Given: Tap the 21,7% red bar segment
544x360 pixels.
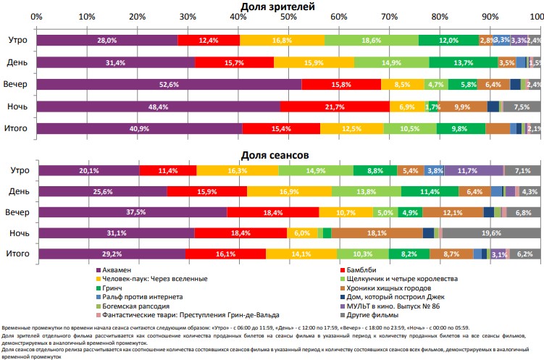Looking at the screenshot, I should (335, 106).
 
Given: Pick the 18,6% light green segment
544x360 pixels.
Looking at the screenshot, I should (371, 41).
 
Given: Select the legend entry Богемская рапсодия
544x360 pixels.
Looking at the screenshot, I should (140, 306).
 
